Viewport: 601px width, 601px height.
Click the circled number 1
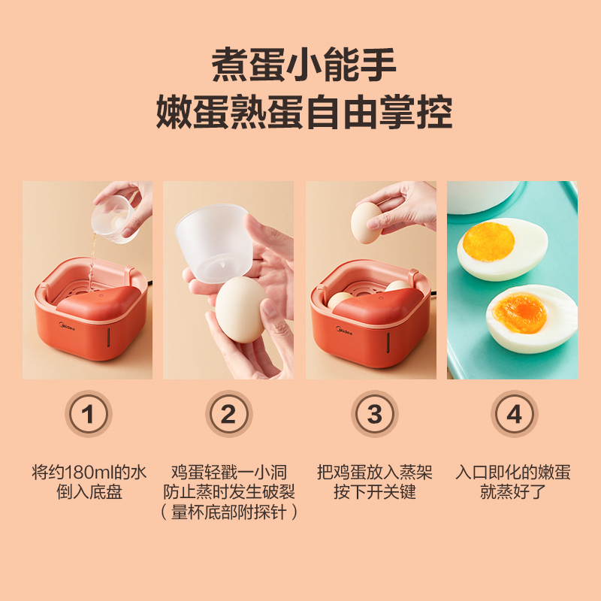[88, 414]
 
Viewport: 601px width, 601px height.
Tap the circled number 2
[229, 414]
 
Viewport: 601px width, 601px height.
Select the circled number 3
[374, 414]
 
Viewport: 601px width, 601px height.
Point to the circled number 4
[514, 414]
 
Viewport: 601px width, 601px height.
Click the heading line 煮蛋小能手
[304, 65]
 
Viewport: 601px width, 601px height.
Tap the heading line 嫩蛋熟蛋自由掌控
[304, 112]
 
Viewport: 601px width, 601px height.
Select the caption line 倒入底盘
[89, 492]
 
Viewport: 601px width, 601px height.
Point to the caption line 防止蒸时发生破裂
[229, 492]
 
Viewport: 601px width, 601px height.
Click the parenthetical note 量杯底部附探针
[229, 512]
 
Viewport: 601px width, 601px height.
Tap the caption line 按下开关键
[374, 492]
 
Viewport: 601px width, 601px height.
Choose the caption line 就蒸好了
[513, 492]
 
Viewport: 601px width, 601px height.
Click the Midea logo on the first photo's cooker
[67, 326]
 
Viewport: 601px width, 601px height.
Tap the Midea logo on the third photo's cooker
[344, 331]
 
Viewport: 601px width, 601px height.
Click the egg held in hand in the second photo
[240, 310]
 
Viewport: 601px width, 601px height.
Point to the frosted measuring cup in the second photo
[213, 243]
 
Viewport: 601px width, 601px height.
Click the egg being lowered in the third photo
[367, 222]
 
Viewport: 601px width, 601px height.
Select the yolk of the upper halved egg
[488, 242]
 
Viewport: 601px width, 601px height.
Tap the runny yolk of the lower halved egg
[519, 313]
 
